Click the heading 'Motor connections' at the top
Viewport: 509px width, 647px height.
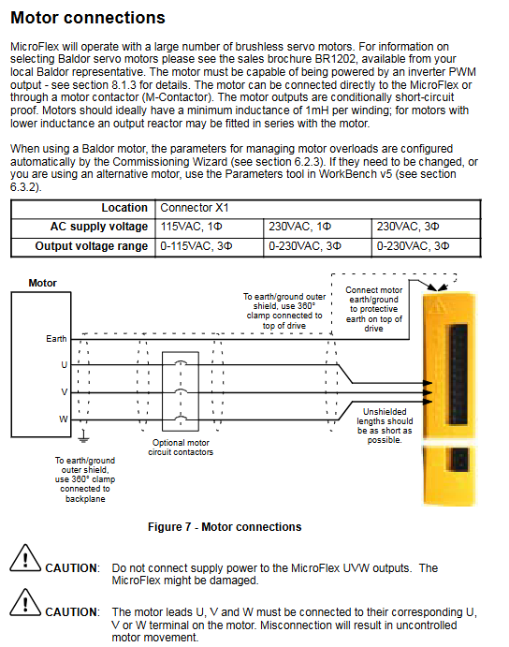[x=88, y=18]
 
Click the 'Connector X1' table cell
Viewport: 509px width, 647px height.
[x=195, y=208]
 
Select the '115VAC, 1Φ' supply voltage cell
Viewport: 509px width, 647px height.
[x=191, y=227]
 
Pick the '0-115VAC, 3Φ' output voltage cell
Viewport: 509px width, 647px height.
[x=196, y=246]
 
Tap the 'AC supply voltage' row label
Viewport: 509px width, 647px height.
[x=99, y=227]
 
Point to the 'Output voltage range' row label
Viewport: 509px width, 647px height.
[x=91, y=246]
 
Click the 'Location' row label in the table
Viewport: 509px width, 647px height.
[x=124, y=208]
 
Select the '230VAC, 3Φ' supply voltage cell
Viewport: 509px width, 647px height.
[x=408, y=227]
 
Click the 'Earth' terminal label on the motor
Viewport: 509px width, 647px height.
[x=56, y=339]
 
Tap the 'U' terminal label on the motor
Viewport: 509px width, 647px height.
[x=64, y=365]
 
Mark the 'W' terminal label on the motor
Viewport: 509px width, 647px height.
[x=63, y=419]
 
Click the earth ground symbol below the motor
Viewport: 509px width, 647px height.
[x=83, y=435]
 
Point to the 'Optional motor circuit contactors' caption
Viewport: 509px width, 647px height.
[x=181, y=448]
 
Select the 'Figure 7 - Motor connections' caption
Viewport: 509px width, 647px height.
[x=225, y=527]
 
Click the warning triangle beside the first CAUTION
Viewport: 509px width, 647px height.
[x=25, y=559]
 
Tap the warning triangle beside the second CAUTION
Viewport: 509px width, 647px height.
[x=25, y=602]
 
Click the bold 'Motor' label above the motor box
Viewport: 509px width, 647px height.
[x=42, y=283]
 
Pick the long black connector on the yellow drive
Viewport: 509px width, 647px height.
[x=458, y=375]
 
